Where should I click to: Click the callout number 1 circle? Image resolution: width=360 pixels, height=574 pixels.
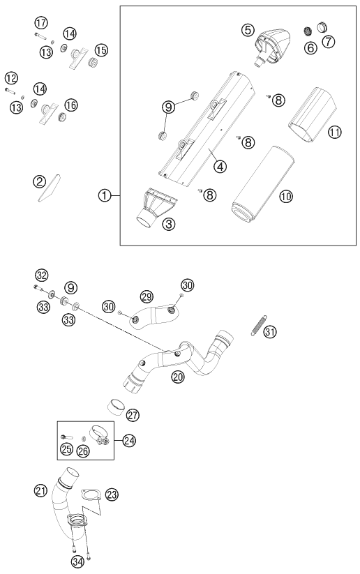pos(105,196)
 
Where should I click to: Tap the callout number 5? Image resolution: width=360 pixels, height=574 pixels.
pos(248,30)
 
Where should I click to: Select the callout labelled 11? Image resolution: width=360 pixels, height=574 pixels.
pos(334,132)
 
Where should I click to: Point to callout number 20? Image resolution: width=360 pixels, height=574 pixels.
pos(178,377)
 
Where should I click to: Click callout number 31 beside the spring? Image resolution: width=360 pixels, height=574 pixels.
pos(270,332)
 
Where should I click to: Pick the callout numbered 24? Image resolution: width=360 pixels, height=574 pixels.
pos(129,441)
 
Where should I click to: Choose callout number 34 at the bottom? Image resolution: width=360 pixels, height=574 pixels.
pos(77,562)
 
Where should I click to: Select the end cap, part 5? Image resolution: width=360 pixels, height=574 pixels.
pos(271,47)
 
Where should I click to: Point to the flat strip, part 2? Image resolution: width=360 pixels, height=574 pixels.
pos(50,188)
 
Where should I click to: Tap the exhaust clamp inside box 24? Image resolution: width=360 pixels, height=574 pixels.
pos(100,435)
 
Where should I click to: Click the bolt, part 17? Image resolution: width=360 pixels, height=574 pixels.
pos(40,36)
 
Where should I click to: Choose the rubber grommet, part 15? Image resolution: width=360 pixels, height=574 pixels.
pos(93,62)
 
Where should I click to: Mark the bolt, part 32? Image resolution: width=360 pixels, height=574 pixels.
pos(39,289)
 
